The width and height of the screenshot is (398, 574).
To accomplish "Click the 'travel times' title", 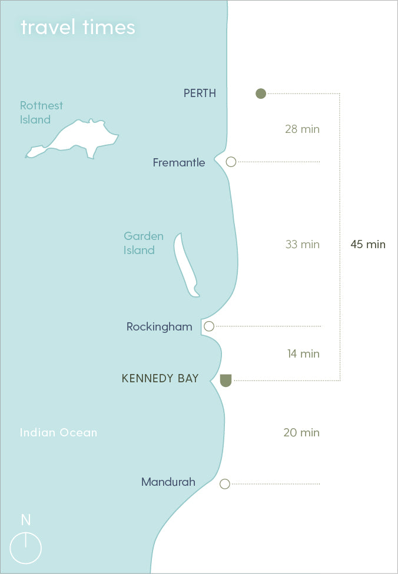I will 78,27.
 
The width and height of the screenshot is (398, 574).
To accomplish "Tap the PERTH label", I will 200,93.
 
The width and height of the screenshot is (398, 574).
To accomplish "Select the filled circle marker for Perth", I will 261,93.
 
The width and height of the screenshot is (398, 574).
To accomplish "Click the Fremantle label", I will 179,162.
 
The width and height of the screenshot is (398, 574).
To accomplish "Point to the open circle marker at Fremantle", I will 231,162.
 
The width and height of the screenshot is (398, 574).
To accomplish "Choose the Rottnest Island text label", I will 41,112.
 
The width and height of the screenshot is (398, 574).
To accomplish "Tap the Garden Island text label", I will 143,243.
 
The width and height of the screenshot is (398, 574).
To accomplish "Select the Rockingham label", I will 159,326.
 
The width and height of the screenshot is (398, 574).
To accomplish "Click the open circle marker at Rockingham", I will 208,326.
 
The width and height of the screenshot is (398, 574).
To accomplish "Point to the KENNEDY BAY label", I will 160,379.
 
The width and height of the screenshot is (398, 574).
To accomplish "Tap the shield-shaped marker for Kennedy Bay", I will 225,380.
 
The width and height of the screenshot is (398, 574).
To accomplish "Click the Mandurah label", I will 168,482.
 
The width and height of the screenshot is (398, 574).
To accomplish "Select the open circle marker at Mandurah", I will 224,484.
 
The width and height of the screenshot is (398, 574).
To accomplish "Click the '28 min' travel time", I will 302,129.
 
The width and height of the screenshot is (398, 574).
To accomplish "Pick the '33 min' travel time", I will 302,244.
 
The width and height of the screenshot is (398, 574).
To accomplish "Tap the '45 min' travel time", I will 367,244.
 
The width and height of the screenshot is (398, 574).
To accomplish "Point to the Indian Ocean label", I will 58,432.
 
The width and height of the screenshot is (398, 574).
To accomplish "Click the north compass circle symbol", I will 26,548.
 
